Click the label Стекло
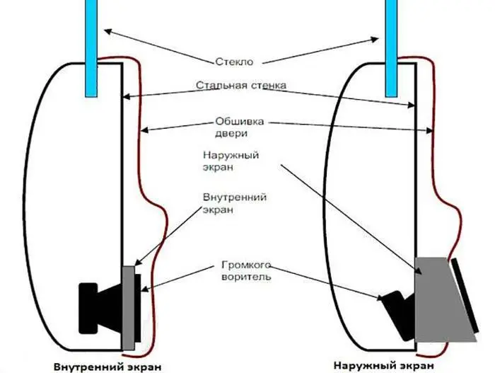(234, 62)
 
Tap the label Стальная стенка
(241, 85)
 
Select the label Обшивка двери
(239, 127)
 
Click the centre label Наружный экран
(231, 161)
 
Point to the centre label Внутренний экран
(235, 203)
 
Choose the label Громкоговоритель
(246, 270)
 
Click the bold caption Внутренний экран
(107, 367)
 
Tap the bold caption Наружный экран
(383, 366)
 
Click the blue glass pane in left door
(91, 48)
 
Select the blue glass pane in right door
(391, 48)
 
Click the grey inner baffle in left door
(129, 308)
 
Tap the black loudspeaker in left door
(104, 308)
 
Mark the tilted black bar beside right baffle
(465, 296)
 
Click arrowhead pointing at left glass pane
(107, 31)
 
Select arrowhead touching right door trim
(429, 130)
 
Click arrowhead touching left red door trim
(144, 130)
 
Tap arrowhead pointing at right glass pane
(375, 39)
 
